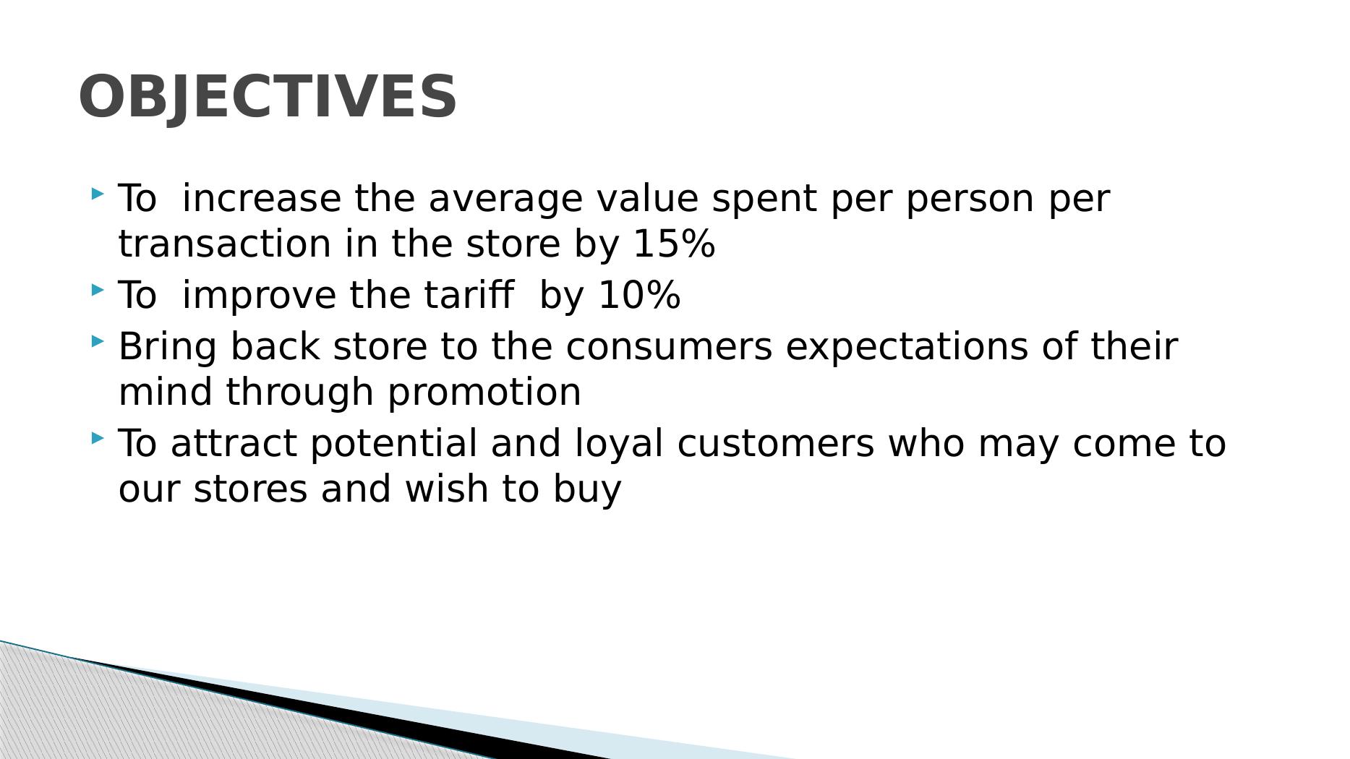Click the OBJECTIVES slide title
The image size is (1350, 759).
point(268,96)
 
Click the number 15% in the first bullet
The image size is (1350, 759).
point(674,244)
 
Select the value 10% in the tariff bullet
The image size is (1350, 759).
point(640,296)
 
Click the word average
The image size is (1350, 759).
point(505,199)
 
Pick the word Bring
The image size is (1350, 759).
point(167,347)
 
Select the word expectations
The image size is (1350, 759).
point(907,347)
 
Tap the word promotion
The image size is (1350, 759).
point(484,393)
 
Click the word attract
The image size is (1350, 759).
point(234,444)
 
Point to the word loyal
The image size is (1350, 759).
point(619,444)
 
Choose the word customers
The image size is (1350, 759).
point(775,444)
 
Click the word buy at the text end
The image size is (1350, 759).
point(587,489)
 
